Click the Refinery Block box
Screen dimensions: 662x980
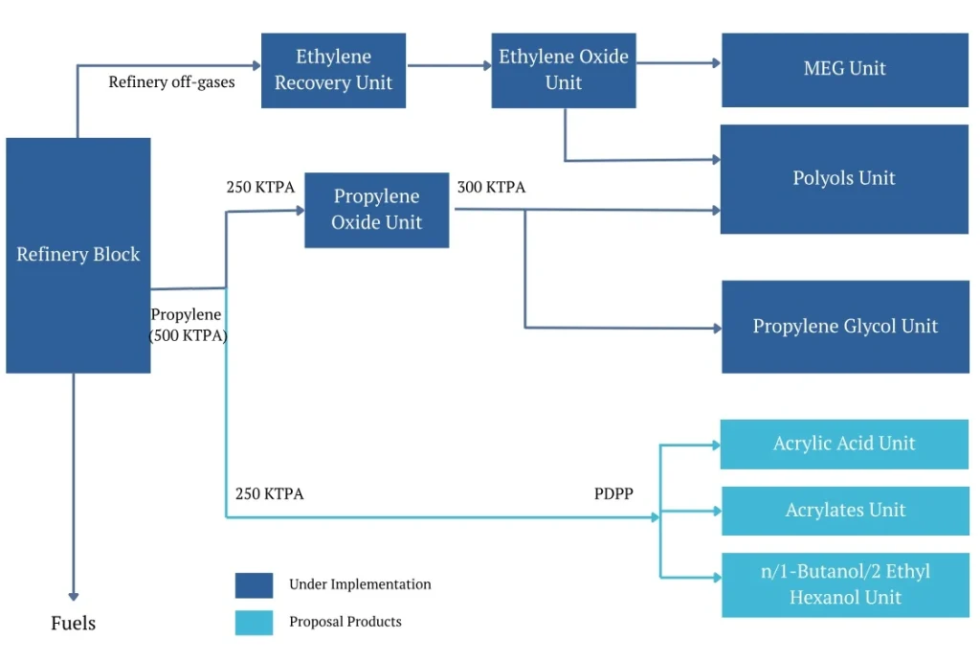point(78,255)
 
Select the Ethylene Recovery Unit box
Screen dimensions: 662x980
point(333,70)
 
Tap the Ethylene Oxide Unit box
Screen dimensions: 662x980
point(564,70)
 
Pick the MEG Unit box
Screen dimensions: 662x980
point(844,69)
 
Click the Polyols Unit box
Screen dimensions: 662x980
point(844,178)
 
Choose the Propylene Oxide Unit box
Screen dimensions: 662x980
point(376,210)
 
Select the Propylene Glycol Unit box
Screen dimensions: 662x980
point(844,327)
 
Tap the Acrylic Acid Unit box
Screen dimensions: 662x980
point(844,444)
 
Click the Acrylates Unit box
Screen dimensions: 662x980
point(844,511)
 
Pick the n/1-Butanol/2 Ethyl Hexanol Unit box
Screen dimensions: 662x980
point(844,584)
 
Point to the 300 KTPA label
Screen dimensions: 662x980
point(491,188)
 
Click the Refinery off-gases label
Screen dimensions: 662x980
point(171,82)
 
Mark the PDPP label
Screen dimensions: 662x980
point(613,494)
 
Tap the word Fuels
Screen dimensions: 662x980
point(74,624)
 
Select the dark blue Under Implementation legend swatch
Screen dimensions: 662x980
point(254,584)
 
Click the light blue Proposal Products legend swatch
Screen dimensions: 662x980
point(254,622)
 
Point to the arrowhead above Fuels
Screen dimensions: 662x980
point(74,595)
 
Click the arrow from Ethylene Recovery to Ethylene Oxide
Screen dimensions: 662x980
point(448,66)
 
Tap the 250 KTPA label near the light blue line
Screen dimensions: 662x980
point(269,494)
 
